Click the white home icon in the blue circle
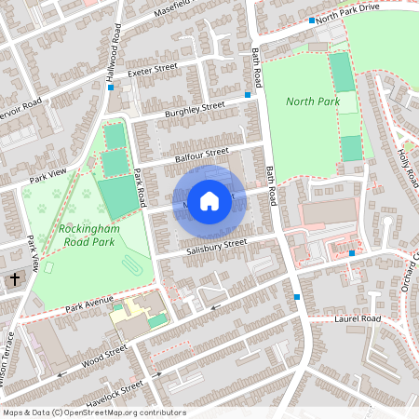(209, 200)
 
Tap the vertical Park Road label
(140, 187)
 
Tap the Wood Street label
(101, 356)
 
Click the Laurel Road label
(358, 319)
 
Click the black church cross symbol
(14, 279)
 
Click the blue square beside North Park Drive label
(311, 20)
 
